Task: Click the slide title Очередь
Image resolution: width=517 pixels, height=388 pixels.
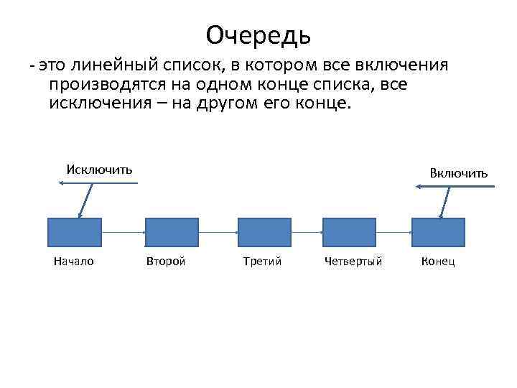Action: tap(258, 34)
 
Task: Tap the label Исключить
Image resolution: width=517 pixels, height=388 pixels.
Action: tap(99, 170)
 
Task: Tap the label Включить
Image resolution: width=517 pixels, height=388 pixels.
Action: tap(459, 172)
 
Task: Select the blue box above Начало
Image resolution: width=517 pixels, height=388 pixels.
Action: tap(75, 232)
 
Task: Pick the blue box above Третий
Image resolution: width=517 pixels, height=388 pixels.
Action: tap(264, 232)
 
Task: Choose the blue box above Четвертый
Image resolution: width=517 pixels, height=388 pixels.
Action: tap(350, 232)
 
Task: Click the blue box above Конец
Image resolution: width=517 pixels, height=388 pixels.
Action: tap(438, 232)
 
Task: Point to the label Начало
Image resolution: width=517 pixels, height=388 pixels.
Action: tap(74, 262)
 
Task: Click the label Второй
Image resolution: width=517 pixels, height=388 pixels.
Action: tap(166, 262)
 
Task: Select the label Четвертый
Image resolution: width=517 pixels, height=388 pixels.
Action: tap(353, 262)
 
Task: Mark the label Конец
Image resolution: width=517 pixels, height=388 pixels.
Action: tap(438, 262)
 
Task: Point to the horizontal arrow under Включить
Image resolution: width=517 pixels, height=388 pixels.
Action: tap(456, 187)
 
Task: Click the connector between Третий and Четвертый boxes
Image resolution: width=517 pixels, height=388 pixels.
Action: tap(307, 232)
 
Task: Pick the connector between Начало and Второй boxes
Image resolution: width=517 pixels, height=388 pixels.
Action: tap(123, 232)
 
